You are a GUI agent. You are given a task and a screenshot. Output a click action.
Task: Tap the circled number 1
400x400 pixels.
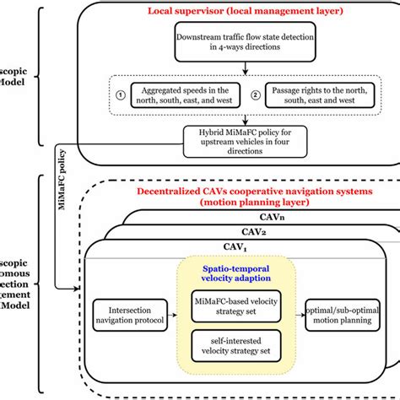point(121,95)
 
